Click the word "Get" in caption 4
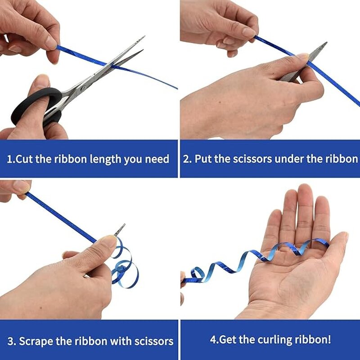pos(227,339)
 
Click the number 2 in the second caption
pos(186,159)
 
